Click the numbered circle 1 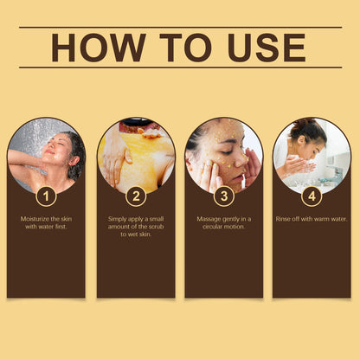[48, 196]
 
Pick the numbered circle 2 [136, 196]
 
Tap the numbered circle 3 [224, 196]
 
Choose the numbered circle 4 [312, 196]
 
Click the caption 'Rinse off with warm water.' [312, 219]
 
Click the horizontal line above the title [180, 27]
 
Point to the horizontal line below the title [180, 67]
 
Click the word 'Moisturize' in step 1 [35, 219]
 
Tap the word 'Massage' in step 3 [209, 219]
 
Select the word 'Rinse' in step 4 [288, 219]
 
